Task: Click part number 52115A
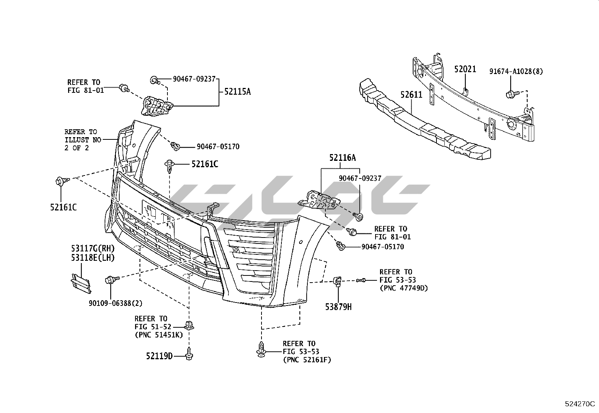(x=237, y=91)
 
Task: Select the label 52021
(x=465, y=69)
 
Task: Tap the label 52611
(x=411, y=95)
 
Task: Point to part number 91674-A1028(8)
(x=516, y=71)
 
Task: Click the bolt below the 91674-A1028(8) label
(x=511, y=93)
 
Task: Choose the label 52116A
(x=342, y=158)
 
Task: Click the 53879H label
(x=339, y=307)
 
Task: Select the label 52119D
(x=159, y=356)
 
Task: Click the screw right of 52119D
(x=189, y=354)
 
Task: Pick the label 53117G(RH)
(x=93, y=249)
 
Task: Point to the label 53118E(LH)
(x=93, y=257)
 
